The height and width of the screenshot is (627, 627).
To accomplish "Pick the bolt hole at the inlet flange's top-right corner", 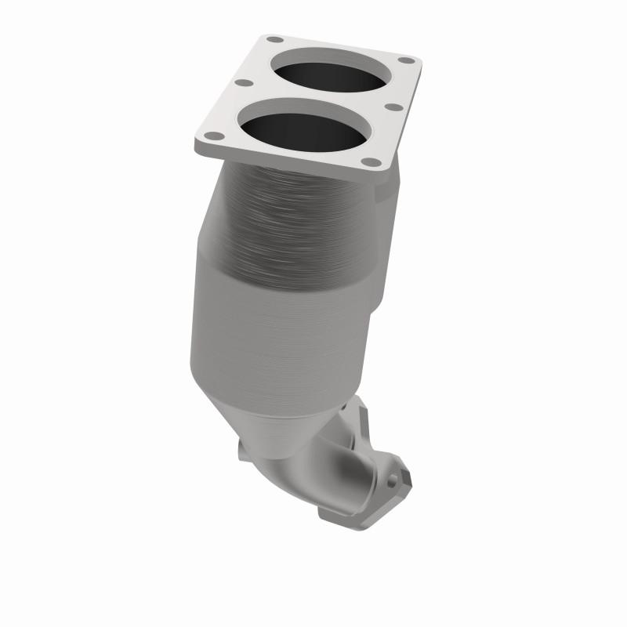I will tap(405, 60).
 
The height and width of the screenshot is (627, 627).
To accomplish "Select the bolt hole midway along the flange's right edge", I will tap(394, 107).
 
